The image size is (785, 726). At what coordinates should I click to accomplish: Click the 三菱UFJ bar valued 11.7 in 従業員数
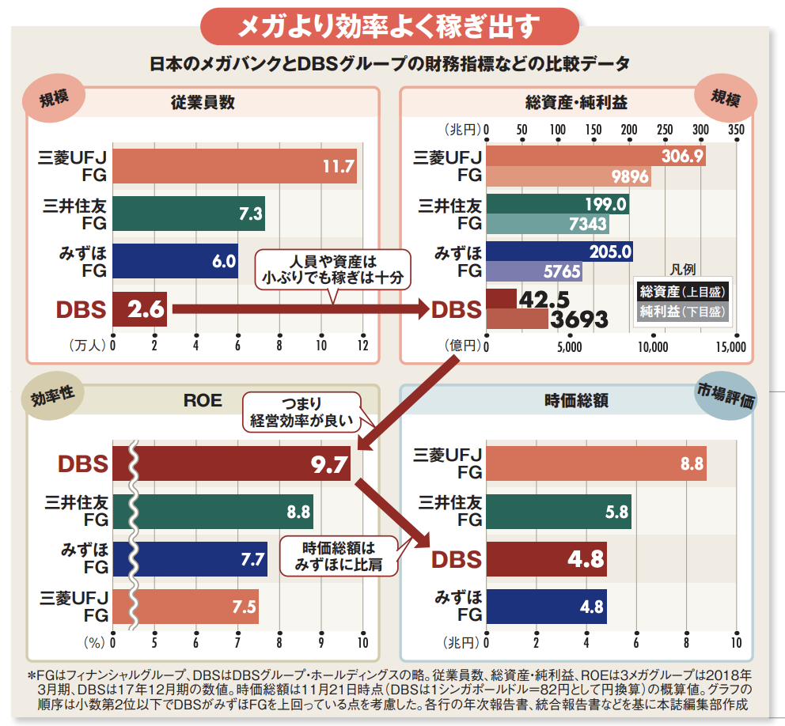click(x=234, y=165)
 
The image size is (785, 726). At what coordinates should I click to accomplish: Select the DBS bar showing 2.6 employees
click(x=140, y=309)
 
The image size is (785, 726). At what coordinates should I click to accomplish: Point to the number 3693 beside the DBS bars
click(x=579, y=320)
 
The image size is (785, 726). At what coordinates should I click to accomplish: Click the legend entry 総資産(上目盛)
click(x=682, y=292)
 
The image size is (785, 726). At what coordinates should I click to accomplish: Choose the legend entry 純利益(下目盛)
click(x=682, y=312)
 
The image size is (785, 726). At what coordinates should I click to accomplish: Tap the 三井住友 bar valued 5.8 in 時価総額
click(x=558, y=512)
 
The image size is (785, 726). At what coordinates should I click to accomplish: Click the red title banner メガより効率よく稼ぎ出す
click(x=389, y=27)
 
